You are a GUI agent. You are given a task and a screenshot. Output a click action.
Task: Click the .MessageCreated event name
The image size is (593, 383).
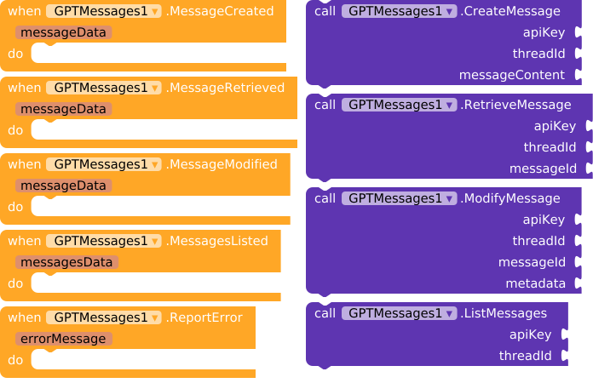click(x=220, y=11)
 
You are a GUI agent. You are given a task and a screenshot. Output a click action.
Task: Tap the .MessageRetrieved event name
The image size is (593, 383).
click(x=225, y=88)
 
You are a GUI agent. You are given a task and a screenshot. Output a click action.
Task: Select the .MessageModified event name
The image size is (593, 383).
click(x=222, y=164)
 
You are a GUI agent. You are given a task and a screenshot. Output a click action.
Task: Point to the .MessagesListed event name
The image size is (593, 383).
click(x=217, y=241)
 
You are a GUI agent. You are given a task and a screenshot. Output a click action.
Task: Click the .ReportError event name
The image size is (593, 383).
click(x=204, y=317)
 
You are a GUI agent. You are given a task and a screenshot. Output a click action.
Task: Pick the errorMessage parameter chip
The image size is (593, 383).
click(x=64, y=339)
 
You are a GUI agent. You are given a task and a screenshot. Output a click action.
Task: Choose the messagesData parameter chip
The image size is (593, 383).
click(x=66, y=262)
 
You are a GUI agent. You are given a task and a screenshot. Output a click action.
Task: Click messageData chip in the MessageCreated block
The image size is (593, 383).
click(x=64, y=32)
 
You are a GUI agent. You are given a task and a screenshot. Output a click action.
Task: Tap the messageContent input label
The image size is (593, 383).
click(x=512, y=75)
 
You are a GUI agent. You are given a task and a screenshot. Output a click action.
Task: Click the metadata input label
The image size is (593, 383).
click(x=536, y=283)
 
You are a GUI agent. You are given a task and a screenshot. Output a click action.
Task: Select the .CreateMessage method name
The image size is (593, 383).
click(x=510, y=11)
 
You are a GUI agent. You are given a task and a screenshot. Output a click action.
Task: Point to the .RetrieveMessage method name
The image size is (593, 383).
click(x=515, y=105)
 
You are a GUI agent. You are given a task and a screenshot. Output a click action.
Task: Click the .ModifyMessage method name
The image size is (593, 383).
click(x=510, y=198)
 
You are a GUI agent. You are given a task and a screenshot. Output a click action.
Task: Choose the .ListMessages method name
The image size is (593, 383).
click(x=504, y=313)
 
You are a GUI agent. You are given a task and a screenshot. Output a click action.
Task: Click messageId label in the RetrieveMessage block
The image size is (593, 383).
click(x=543, y=169)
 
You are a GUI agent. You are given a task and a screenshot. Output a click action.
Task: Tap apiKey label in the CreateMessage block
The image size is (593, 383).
click(x=544, y=32)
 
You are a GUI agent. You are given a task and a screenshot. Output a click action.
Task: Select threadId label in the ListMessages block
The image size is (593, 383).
click(x=526, y=356)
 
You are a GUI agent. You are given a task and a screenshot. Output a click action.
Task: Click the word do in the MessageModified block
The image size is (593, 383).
click(x=15, y=207)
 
